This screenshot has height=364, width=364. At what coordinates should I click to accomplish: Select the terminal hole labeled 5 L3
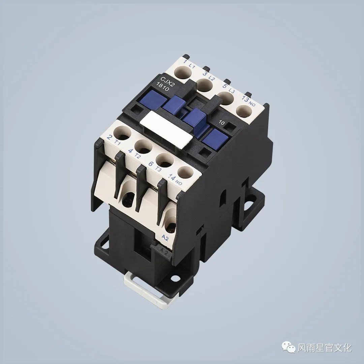pyautogui.click(x=225, y=99)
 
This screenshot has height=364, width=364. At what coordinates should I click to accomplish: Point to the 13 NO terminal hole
pyautogui.click(x=244, y=111)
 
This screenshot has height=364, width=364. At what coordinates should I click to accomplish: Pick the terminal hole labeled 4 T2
pyautogui.click(x=143, y=146)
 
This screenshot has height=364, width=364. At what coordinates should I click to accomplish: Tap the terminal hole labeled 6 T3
pyautogui.click(x=164, y=160)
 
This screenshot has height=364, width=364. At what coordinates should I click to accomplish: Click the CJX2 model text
pyautogui.click(x=168, y=80)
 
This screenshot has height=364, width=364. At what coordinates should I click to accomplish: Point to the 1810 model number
pyautogui.click(x=163, y=87)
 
